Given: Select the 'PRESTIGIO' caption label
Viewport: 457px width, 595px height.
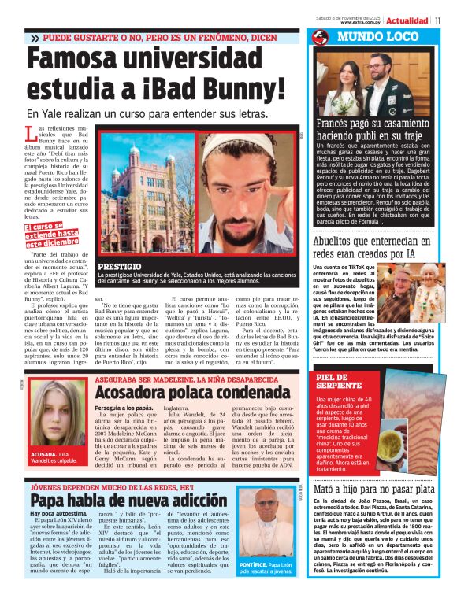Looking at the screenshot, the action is pyautogui.click(x=121, y=268).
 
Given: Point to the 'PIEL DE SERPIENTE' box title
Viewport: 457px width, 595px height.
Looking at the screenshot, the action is pyautogui.click(x=340, y=382).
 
